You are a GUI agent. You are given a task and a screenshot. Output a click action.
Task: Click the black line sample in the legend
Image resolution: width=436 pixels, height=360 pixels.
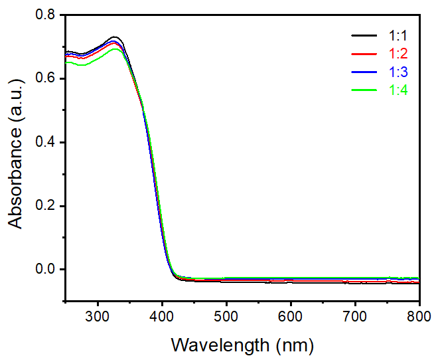point(364,35)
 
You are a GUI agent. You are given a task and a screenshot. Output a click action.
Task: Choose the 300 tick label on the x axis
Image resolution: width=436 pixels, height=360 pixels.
point(98,315)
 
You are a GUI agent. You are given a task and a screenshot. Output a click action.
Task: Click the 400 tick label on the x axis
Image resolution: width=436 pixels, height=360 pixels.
point(162,315)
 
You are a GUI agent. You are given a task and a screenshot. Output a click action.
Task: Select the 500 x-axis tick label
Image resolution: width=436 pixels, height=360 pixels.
point(226,315)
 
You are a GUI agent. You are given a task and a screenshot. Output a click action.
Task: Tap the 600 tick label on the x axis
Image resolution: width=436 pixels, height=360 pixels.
point(291,315)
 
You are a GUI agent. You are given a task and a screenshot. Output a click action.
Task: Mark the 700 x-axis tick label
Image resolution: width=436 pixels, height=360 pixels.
point(355,315)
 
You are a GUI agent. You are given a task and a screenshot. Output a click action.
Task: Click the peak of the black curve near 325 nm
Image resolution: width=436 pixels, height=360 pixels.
point(115,37)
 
